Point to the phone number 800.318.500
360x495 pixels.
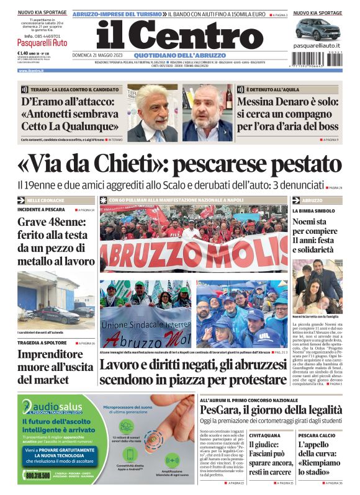tap(38, 475)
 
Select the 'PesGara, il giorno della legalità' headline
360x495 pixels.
tap(271, 410)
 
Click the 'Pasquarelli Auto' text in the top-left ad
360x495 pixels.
tap(43, 43)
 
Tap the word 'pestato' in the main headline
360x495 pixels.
tap(299, 165)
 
